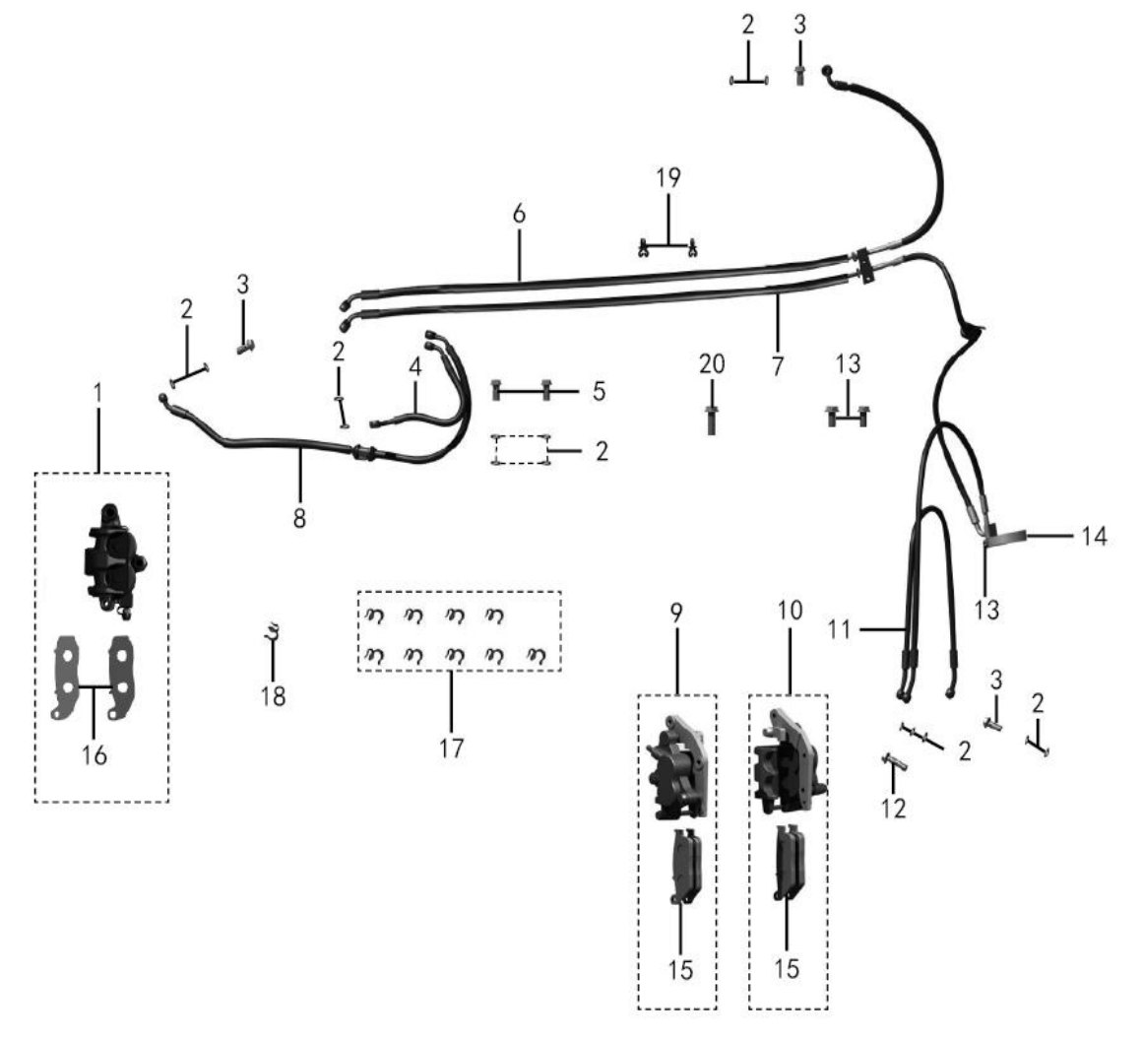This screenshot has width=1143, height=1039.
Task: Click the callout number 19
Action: tap(667, 178)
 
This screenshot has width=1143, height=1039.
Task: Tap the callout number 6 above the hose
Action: tap(518, 215)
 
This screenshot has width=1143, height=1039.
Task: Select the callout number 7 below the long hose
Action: tap(777, 365)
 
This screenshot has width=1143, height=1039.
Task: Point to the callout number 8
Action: tap(299, 518)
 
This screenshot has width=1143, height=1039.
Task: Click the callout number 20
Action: tap(712, 363)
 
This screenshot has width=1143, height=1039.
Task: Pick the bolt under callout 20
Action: tap(712, 420)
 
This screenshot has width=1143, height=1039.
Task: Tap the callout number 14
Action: tap(1094, 537)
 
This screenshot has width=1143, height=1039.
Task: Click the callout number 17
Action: tap(451, 748)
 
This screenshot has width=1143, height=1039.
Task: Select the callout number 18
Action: tap(274, 696)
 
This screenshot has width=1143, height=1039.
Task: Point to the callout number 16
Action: tap(95, 755)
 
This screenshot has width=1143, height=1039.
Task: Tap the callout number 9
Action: tap(676, 614)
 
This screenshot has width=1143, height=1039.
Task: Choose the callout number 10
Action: tap(790, 611)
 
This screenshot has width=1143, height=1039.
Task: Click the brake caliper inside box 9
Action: tap(678, 768)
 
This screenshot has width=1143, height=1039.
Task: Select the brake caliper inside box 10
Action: tap(789, 762)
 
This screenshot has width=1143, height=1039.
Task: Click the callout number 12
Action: tap(894, 808)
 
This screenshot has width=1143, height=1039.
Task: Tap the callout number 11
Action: tap(839, 628)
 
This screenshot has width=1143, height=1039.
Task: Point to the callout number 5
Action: tap(599, 392)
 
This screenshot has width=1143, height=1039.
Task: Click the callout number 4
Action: tap(414, 366)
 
